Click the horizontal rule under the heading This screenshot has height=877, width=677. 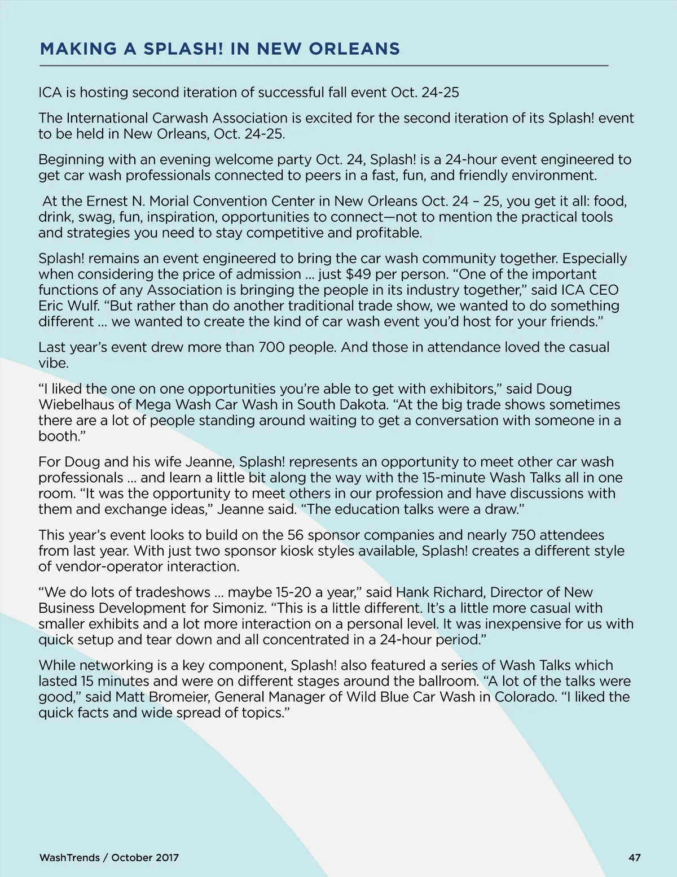pos(324,66)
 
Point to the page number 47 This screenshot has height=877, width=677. pos(634,857)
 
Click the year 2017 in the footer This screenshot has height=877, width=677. pos(166,857)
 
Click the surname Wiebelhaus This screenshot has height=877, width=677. pos(75,404)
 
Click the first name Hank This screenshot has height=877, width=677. pos(412,592)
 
